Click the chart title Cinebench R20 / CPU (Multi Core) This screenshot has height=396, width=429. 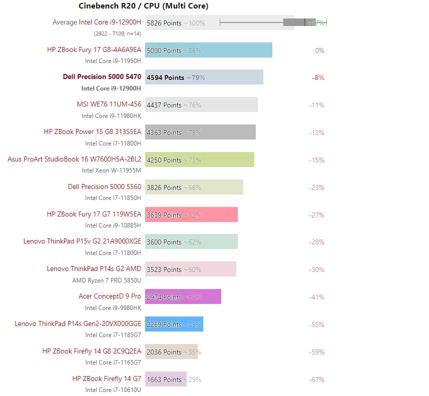143,6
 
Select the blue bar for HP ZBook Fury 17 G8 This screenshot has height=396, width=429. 208,50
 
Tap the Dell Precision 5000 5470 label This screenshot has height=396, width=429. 102,77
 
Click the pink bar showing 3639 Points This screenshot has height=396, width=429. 191,215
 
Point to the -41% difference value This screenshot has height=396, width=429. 316,297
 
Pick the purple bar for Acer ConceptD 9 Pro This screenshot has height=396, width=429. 183,297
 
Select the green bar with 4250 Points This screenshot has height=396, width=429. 199,160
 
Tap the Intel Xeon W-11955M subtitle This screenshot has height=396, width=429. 111,170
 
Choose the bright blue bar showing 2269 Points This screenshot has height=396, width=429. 174,324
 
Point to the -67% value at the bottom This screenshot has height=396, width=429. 316,379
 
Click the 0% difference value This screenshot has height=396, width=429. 319,50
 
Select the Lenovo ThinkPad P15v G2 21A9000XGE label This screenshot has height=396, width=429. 82,241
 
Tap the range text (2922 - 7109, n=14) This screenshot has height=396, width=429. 117,33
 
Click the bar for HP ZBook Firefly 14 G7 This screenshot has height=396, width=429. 166,379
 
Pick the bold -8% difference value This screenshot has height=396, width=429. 318,77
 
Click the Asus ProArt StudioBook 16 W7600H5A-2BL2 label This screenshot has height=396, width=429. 74,159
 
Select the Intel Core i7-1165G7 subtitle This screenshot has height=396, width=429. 113,362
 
